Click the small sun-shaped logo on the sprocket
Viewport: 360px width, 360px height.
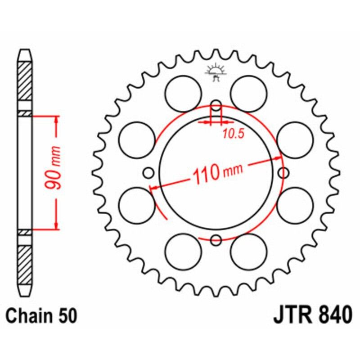216,71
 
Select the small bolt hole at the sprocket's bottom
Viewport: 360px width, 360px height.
216,240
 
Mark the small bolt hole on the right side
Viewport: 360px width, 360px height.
283,172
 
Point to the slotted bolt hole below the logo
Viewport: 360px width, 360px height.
216,108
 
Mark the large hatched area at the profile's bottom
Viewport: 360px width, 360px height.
25,261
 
